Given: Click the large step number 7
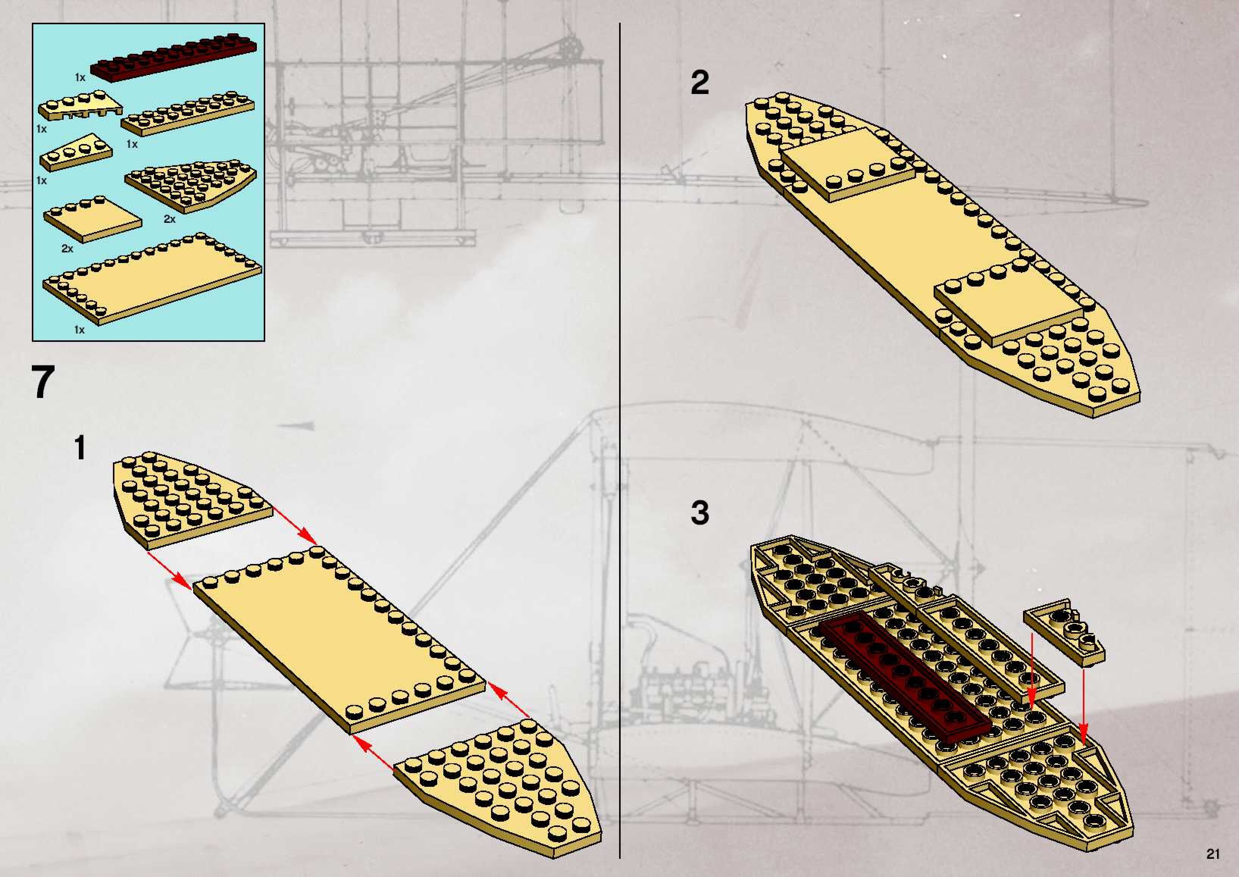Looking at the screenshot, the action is pos(43,382).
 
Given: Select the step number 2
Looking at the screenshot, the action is pos(700,83).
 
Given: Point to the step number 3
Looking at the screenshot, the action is pos(700,513).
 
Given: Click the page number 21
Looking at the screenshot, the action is pos(1212,854).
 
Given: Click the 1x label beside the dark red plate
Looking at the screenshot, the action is pos(80,78).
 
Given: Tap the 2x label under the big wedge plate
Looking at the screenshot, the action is pos(169,219).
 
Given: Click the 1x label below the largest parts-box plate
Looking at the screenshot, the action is pos(79,329).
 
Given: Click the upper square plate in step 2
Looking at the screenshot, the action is pos(848,165).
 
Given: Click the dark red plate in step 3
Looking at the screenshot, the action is pos(907,675).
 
